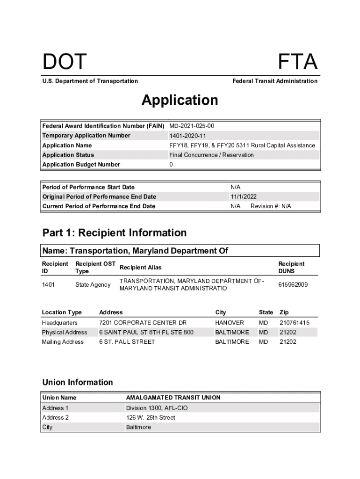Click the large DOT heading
(x=65, y=62)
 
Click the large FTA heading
(x=298, y=62)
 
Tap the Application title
(x=180, y=100)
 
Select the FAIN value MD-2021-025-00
(x=192, y=126)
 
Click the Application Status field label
(x=68, y=155)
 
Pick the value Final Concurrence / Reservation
(x=211, y=155)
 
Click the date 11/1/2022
(x=244, y=196)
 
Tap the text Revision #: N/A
(x=271, y=206)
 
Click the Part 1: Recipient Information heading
(x=115, y=232)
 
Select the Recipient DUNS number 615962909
(x=293, y=284)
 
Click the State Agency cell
(x=93, y=284)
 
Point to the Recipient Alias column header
(x=141, y=268)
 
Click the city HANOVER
(x=230, y=323)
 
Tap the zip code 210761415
(x=295, y=323)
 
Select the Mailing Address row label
(x=63, y=342)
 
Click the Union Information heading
(x=78, y=382)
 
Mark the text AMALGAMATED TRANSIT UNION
(x=173, y=398)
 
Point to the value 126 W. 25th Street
(x=151, y=417)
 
